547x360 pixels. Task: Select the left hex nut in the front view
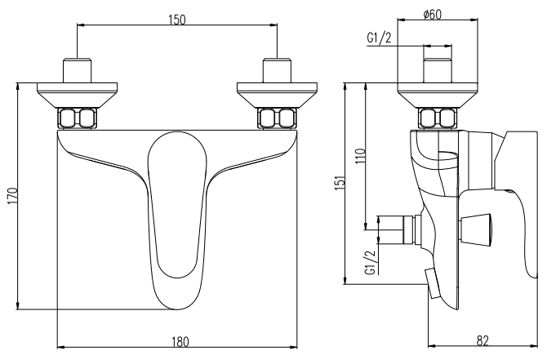pos(78,118)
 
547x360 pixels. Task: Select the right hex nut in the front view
pos(276,118)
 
